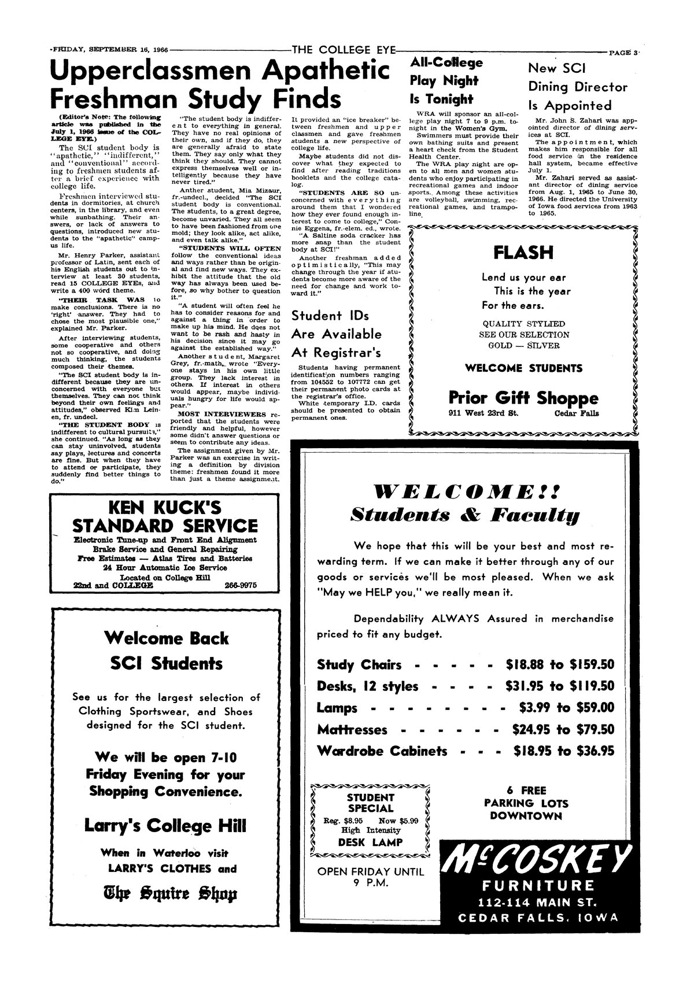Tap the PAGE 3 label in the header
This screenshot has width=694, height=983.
pyautogui.click(x=623, y=53)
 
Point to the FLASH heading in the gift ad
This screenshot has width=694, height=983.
pyautogui.click(x=523, y=253)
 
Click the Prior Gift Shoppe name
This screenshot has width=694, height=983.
pyautogui.click(x=523, y=398)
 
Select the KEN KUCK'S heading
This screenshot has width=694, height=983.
pyautogui.click(x=165, y=508)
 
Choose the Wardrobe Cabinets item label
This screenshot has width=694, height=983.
pyautogui.click(x=382, y=751)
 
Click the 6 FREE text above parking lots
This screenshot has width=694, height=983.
pyautogui.click(x=526, y=790)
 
